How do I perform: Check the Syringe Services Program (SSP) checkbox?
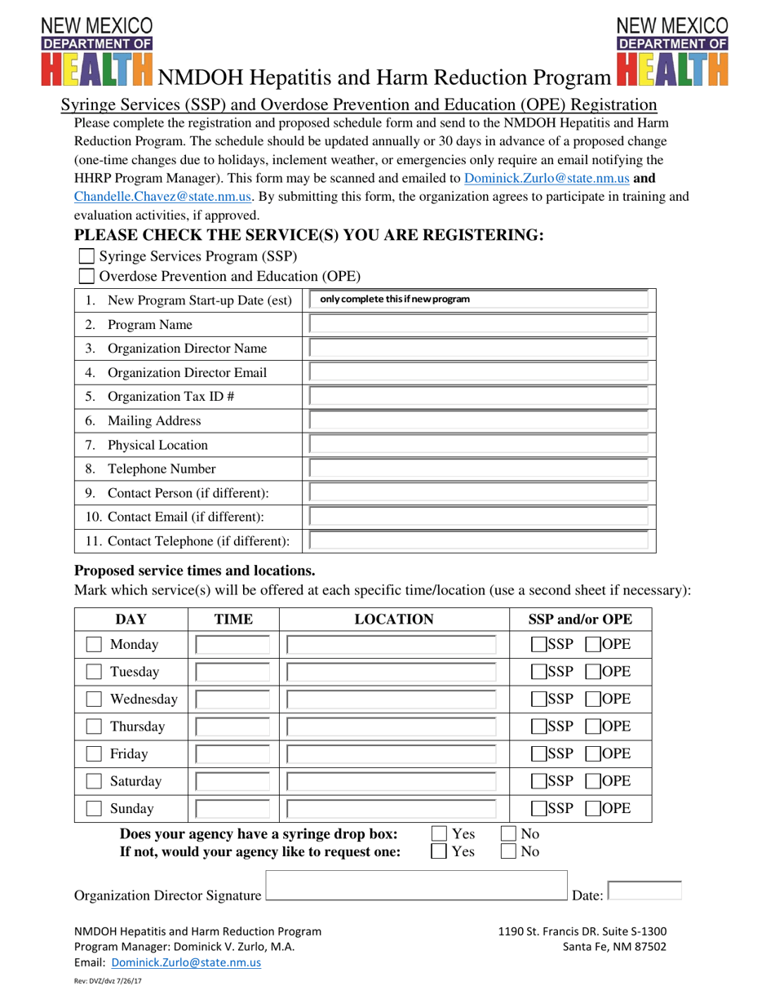click(x=86, y=256)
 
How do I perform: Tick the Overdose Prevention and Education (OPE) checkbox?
click(x=86, y=277)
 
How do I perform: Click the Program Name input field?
click(x=480, y=324)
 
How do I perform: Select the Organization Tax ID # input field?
click(x=480, y=397)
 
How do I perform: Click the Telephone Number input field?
click(x=480, y=469)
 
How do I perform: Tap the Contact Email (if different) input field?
click(x=480, y=517)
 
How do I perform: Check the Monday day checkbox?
click(x=95, y=645)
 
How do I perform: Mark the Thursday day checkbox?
click(x=95, y=726)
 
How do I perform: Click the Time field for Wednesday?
click(x=232, y=700)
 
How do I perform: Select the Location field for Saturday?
click(x=392, y=782)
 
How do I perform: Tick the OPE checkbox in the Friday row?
click(x=593, y=754)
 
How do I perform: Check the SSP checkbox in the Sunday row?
click(x=538, y=810)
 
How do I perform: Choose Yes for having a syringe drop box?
click(x=439, y=833)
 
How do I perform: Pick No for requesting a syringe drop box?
click(x=508, y=852)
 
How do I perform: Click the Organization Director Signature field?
click(x=416, y=886)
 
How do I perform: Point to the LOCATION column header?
click(x=394, y=620)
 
